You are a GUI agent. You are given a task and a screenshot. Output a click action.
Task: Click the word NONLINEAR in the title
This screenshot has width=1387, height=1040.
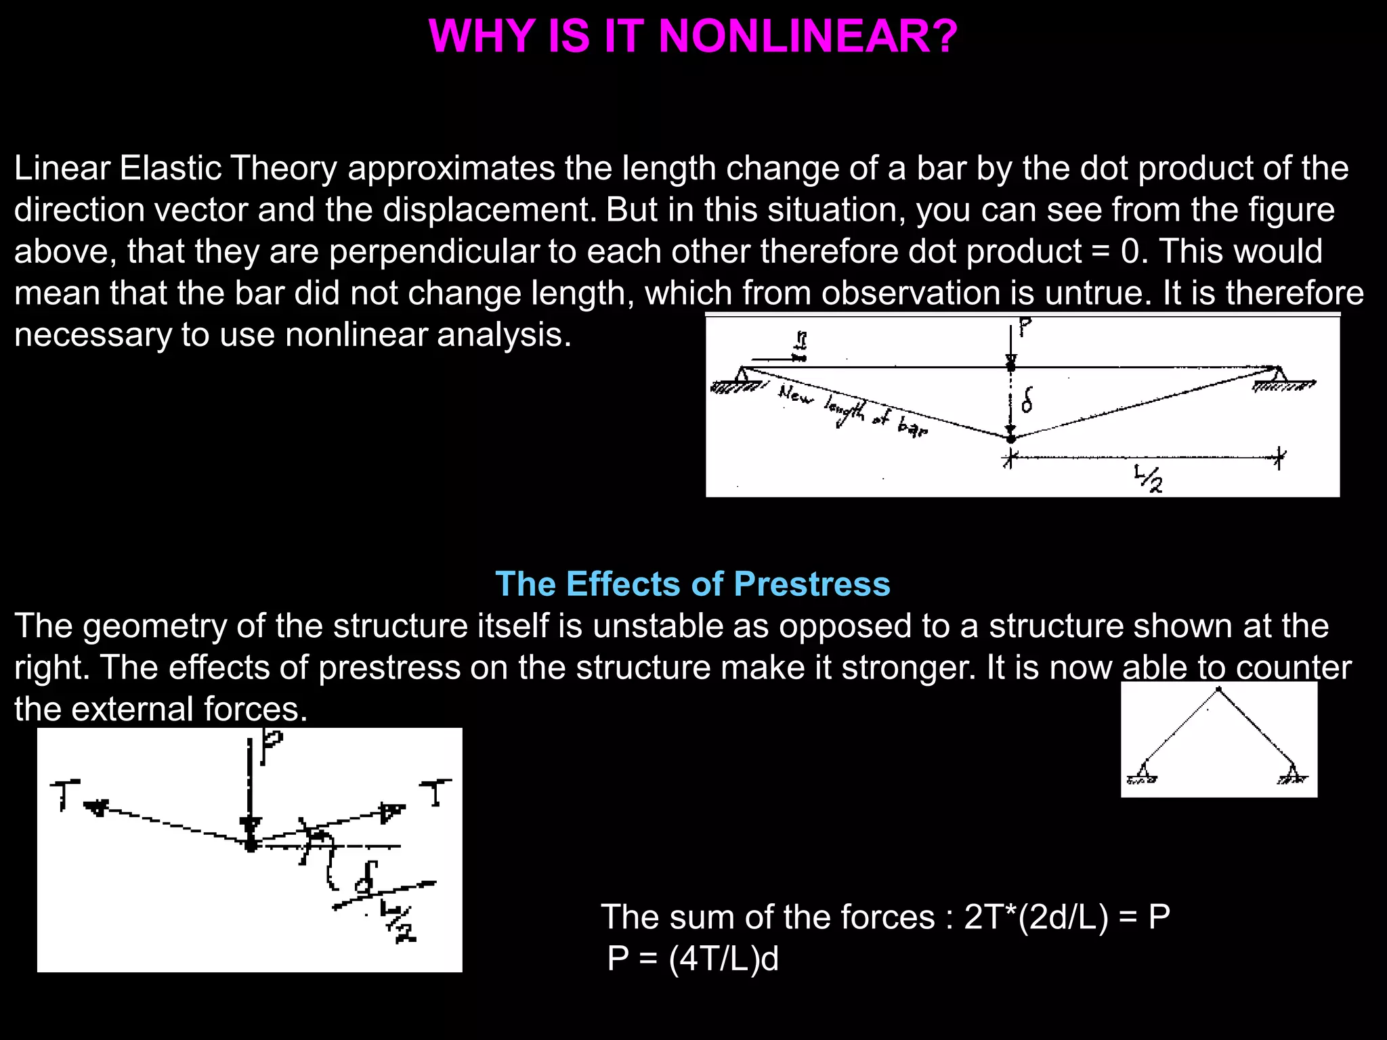click(807, 36)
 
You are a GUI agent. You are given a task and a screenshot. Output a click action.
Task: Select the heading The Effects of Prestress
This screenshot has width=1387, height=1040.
click(693, 584)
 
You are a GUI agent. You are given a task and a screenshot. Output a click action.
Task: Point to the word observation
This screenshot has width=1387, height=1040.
click(910, 293)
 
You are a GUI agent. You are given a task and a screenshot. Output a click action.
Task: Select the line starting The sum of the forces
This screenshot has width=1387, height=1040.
click(885, 917)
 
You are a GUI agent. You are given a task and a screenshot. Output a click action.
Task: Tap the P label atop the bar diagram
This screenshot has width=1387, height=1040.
click(1025, 328)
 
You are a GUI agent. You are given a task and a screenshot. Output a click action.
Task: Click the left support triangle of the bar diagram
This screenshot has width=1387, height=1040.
click(743, 375)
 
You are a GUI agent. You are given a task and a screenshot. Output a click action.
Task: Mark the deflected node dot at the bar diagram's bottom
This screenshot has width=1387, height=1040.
click(1010, 439)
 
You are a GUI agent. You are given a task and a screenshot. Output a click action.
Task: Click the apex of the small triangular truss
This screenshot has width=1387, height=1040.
click(1219, 690)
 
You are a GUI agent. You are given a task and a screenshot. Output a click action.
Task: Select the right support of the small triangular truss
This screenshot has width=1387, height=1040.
click(1293, 773)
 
